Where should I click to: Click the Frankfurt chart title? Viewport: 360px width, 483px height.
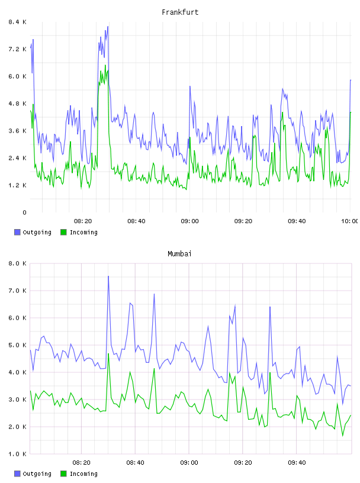tap(180, 12)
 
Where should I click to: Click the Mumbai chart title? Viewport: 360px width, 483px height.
tap(179, 254)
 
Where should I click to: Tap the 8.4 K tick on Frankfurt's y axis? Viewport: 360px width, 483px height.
tap(18, 22)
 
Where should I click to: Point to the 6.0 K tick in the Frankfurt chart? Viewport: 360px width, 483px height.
tap(18, 76)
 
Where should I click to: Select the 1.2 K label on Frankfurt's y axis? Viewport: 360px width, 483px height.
tap(18, 185)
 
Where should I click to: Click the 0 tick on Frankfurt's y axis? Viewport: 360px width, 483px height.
tap(24, 212)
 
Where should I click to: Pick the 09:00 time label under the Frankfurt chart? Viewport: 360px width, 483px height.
tap(189, 221)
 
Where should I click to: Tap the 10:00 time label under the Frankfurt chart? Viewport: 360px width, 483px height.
tap(350, 221)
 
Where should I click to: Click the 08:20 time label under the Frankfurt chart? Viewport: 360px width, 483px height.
tap(83, 221)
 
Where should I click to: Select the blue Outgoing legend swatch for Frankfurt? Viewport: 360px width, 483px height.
tap(17, 232)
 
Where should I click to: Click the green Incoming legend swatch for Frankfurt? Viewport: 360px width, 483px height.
tap(63, 232)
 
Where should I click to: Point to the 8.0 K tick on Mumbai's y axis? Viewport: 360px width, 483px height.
tap(18, 263)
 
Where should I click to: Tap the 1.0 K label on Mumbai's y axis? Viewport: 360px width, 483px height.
tap(18, 454)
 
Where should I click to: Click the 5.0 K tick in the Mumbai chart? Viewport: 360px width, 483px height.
tap(18, 345)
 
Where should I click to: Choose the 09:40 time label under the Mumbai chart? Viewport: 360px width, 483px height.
tap(297, 463)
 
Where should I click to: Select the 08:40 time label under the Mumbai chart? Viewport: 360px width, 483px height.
tap(135, 463)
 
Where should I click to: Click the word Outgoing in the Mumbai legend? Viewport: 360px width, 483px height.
tap(37, 474)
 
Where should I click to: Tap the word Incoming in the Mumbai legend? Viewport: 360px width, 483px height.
tap(83, 474)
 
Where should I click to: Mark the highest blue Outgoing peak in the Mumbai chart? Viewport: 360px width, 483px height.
tap(108, 276)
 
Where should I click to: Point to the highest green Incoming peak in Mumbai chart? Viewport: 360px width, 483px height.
tap(108, 353)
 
